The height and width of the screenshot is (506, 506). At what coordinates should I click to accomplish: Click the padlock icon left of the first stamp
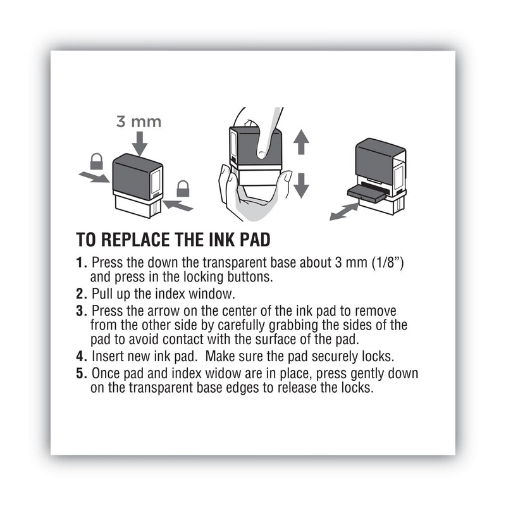tap(96, 162)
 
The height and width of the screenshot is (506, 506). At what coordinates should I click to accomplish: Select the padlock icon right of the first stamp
tap(183, 188)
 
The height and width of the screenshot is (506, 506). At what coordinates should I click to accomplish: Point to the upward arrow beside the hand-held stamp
tap(301, 142)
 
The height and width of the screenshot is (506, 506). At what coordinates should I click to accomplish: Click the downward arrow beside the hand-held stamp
tap(301, 184)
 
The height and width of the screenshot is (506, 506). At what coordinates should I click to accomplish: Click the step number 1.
tap(80, 262)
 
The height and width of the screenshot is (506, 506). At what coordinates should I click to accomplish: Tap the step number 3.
tap(80, 311)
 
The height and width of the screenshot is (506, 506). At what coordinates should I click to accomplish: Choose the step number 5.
tap(80, 374)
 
